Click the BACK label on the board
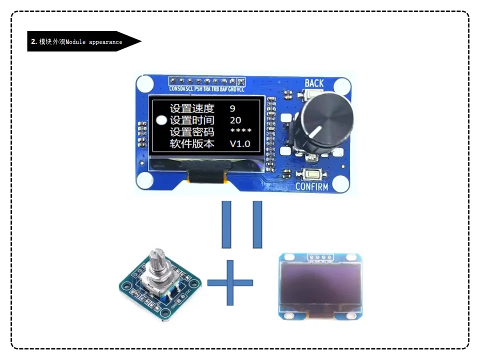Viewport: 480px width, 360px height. pyautogui.click(x=314, y=83)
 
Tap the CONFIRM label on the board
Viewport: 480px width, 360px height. pyautogui.click(x=311, y=187)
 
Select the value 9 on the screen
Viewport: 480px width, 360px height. pyautogui.click(x=232, y=108)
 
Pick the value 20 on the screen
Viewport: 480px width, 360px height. pyautogui.click(x=235, y=120)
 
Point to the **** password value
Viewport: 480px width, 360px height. pyautogui.click(x=240, y=131)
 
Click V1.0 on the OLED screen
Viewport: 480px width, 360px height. pyautogui.click(x=240, y=144)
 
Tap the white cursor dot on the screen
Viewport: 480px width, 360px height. pyautogui.click(x=161, y=120)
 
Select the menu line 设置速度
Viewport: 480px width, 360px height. pyautogui.click(x=192, y=108)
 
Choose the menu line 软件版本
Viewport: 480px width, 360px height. pyautogui.click(x=192, y=144)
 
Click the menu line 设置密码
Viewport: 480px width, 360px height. pyautogui.click(x=192, y=132)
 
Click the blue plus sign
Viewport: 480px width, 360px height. pyautogui.click(x=230, y=282)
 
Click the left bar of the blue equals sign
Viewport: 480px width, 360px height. pyautogui.click(x=226, y=224)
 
